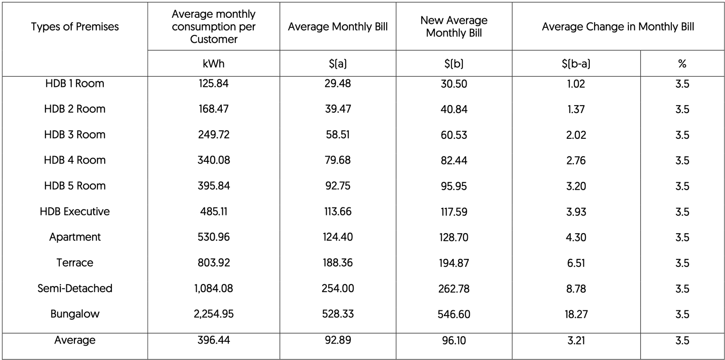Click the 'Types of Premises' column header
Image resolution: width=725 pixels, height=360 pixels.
pos(74,27)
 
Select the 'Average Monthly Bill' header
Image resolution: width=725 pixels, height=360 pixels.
pos(337,27)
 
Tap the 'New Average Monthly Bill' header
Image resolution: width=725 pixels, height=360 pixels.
pos(454,27)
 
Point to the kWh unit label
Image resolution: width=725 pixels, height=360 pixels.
pos(213,64)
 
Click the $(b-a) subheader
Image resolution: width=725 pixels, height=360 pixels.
pos(576,64)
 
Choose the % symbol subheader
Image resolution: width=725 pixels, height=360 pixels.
pos(682,64)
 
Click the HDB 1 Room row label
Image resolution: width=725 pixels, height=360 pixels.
pos(74,83)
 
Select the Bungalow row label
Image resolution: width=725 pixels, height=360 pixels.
pos(74,314)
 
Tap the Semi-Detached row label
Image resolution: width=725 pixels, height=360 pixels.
pos(74,288)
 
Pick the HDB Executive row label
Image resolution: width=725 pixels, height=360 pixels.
pos(74,211)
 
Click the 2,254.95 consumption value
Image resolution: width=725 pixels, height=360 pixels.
pos(213,314)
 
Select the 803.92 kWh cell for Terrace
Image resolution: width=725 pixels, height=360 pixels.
pos(213,262)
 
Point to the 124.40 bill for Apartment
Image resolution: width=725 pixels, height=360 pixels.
pos(337,237)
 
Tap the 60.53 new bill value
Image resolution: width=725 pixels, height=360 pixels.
pos(454,135)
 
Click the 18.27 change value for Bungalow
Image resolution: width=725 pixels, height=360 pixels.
pos(576,314)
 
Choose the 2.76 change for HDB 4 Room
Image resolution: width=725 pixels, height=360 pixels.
pos(576,160)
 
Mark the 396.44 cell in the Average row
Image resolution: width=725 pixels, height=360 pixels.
pos(213,340)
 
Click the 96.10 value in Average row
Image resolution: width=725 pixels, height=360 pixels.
pos(454,340)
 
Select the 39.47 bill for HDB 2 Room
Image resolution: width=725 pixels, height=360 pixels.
pos(337,109)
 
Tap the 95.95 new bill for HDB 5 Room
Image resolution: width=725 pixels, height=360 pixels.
pos(454,186)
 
